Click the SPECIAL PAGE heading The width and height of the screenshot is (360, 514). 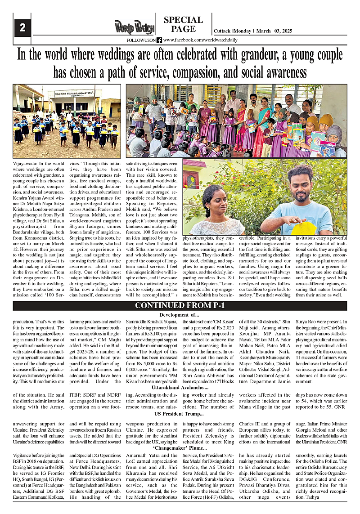[x=183, y=24]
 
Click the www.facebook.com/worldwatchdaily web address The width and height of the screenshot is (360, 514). [x=200, y=40]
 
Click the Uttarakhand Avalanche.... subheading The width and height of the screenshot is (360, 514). [x=180, y=387]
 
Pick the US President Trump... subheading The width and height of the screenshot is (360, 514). [x=179, y=413]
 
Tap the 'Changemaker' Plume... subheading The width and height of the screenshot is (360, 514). [x=180, y=448]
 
